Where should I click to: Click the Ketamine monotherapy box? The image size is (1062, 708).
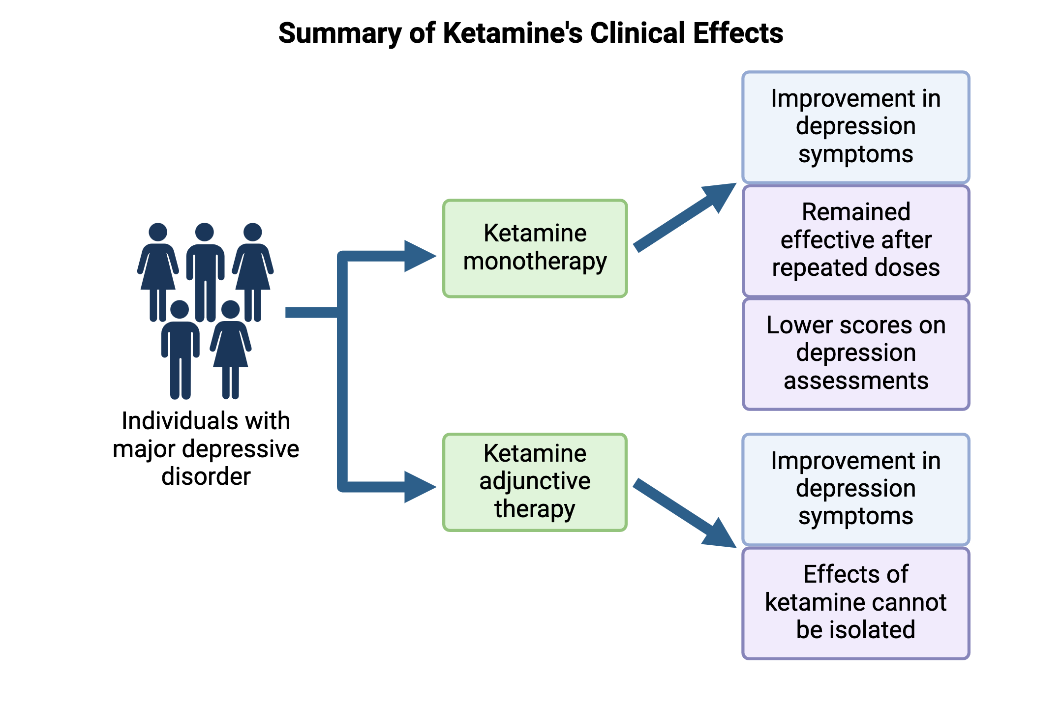pyautogui.click(x=535, y=248)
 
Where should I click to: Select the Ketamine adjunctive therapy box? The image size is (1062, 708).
pyautogui.click(x=535, y=482)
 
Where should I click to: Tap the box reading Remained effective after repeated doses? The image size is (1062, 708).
pyautogui.click(x=855, y=240)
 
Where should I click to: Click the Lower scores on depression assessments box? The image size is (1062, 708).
pyautogui.click(x=855, y=354)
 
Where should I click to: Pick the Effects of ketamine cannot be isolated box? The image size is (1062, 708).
pyautogui.click(x=855, y=603)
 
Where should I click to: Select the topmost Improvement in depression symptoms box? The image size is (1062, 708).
pyautogui.click(x=855, y=127)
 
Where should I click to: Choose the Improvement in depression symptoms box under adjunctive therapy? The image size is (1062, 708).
pyautogui.click(x=855, y=489)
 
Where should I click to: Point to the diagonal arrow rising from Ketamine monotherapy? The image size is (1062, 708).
pyautogui.click(x=684, y=219)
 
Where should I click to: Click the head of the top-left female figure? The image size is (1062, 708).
pyautogui.click(x=158, y=232)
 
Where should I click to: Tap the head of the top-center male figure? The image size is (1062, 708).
pyautogui.click(x=204, y=232)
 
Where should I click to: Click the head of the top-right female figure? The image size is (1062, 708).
pyautogui.click(x=252, y=232)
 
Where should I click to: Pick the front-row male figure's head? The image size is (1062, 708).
pyautogui.click(x=180, y=309)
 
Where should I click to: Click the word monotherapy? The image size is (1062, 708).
pyautogui.click(x=535, y=262)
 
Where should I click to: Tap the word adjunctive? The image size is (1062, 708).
pyautogui.click(x=535, y=481)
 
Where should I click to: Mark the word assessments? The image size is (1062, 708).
pyautogui.click(x=855, y=381)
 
